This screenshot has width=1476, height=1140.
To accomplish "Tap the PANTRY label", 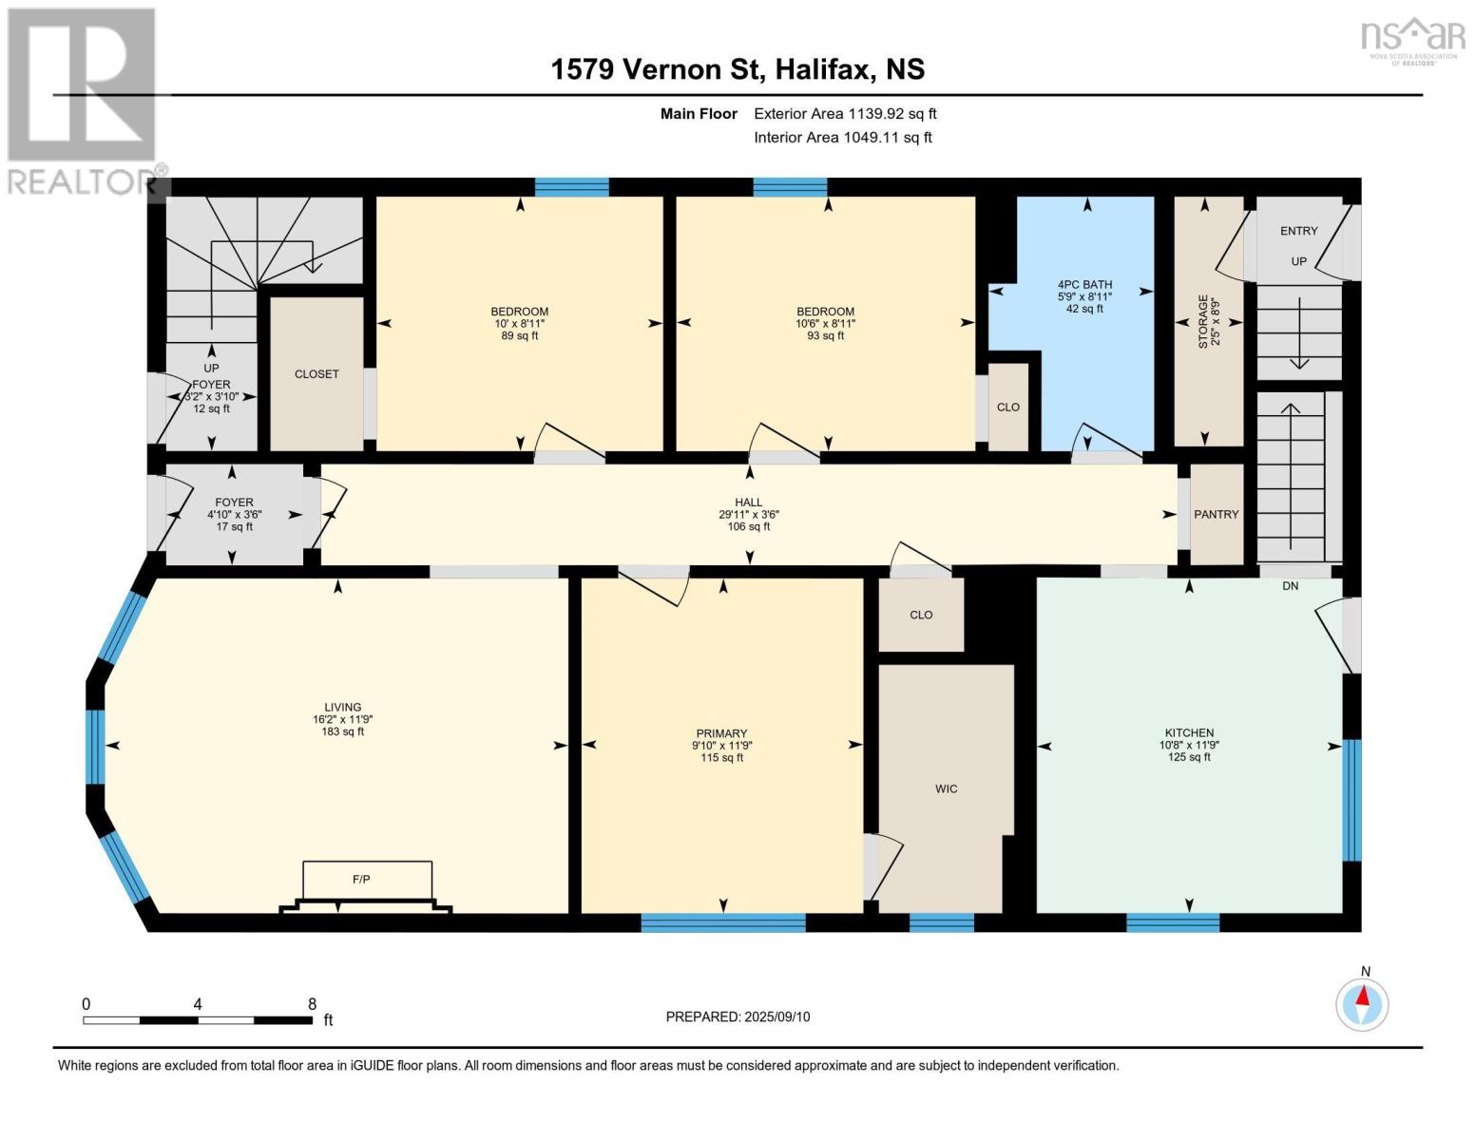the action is [x=1216, y=515].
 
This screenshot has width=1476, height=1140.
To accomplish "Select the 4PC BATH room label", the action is [x=1084, y=284].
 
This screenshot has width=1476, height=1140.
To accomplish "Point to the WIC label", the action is [x=947, y=788].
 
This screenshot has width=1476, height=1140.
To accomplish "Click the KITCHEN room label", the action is [x=1189, y=732].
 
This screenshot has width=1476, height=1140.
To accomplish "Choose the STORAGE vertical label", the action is [x=1203, y=322].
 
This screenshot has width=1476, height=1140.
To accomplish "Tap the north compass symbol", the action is [x=1362, y=1005].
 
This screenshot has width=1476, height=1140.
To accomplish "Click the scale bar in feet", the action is [x=198, y=1019].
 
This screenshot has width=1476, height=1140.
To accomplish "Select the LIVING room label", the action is [x=343, y=707].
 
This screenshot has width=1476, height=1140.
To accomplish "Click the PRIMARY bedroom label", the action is [x=721, y=733].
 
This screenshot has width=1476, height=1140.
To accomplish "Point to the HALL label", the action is [x=749, y=503].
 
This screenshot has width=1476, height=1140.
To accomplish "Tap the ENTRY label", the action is [x=1298, y=231].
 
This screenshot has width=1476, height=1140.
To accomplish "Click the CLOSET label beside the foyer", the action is [x=316, y=374].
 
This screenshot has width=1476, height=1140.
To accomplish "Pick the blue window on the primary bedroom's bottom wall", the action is [x=723, y=922].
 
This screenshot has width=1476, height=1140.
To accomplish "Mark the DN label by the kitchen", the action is [x=1290, y=586].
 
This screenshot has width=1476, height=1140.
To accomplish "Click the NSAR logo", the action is [x=1412, y=41].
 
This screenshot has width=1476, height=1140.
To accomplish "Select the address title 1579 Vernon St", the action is [x=738, y=69].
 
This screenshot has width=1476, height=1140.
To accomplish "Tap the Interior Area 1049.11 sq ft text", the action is [x=843, y=137].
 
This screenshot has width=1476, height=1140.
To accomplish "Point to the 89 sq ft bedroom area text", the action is [x=520, y=335].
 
